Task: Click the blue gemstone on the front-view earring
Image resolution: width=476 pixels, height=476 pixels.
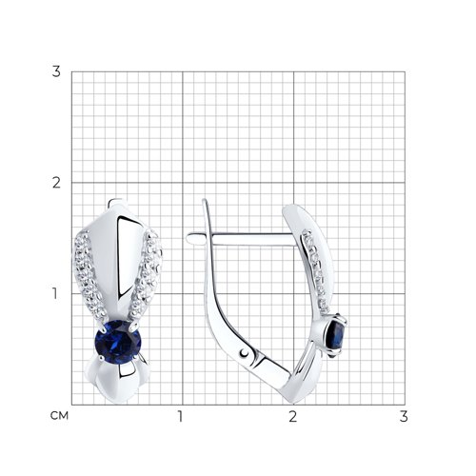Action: pos(118,342)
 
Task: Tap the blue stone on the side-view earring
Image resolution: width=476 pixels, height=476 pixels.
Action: pos(338,335)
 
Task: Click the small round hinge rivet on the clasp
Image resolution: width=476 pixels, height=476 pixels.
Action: pos(245,353)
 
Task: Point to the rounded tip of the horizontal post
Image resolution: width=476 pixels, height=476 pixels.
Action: pos(189,239)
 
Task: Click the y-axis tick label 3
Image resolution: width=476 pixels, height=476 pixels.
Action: pos(56,72)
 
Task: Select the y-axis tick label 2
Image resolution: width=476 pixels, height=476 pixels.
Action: pos(56,183)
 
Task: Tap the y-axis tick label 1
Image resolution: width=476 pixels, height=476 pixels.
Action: pos(55,294)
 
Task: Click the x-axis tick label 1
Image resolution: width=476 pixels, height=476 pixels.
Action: pos(180,417)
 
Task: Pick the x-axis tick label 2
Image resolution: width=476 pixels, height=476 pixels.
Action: pos(292,417)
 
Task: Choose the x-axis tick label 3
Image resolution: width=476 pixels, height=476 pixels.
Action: pos(404,417)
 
